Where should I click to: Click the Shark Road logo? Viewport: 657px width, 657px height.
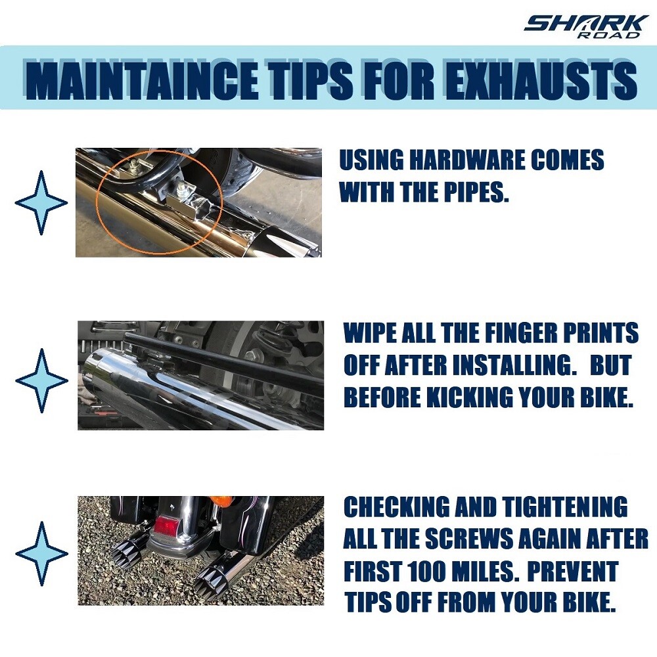point(583,27)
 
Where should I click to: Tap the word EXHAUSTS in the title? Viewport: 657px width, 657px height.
point(541,80)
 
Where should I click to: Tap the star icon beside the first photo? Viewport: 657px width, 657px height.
point(41,202)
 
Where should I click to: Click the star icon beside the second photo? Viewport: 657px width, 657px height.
point(41,380)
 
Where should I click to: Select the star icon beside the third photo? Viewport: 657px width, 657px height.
point(41,553)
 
